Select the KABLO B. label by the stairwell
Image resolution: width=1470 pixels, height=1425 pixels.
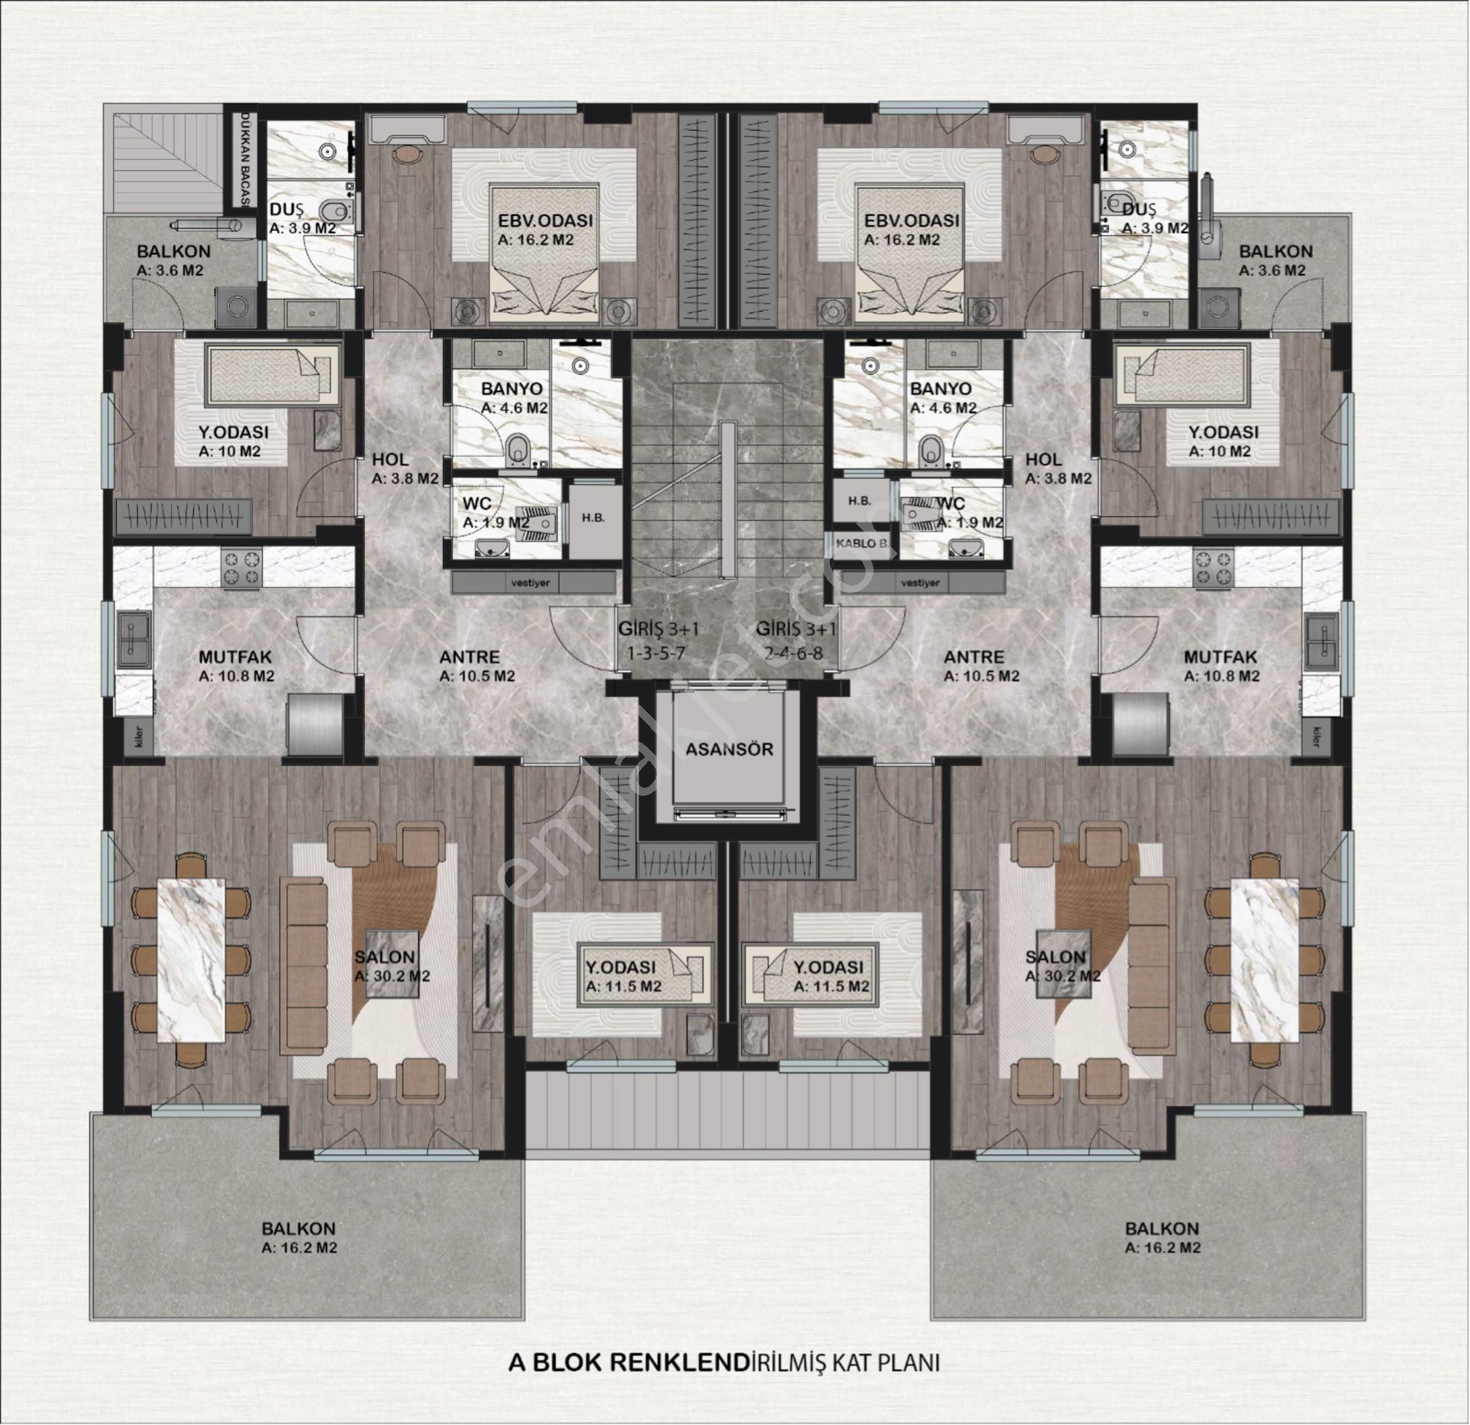coord(863,543)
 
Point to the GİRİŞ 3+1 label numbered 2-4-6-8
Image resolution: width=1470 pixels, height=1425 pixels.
coord(796,639)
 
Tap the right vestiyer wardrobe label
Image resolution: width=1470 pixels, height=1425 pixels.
coord(920,582)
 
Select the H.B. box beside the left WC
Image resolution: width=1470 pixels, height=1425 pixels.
coord(593,517)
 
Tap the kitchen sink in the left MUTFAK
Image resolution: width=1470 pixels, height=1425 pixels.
coord(134,637)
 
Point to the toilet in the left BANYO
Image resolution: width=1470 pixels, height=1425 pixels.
coord(517,449)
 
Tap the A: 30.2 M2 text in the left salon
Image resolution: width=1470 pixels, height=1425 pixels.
coord(392,977)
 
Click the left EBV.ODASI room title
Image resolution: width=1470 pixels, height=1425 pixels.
coord(546,220)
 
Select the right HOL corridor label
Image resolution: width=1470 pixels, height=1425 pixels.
coord(1044,459)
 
